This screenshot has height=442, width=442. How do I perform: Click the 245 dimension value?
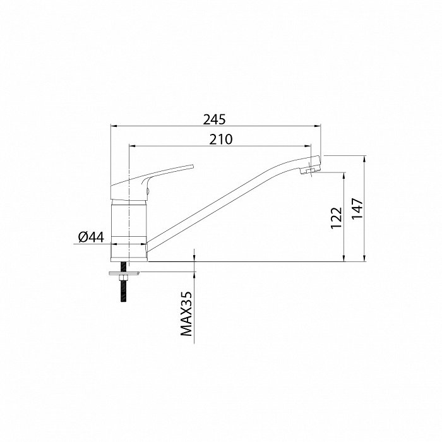click(215, 119)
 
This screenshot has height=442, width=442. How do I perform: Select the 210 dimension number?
click(221, 139)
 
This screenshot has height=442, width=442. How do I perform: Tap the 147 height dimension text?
click(357, 209)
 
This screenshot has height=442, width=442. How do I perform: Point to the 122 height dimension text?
click(337, 218)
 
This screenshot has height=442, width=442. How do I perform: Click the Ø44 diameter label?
click(92, 237)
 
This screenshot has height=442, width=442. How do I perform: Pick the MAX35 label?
click(186, 313)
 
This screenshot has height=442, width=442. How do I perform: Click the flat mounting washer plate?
click(124, 273)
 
